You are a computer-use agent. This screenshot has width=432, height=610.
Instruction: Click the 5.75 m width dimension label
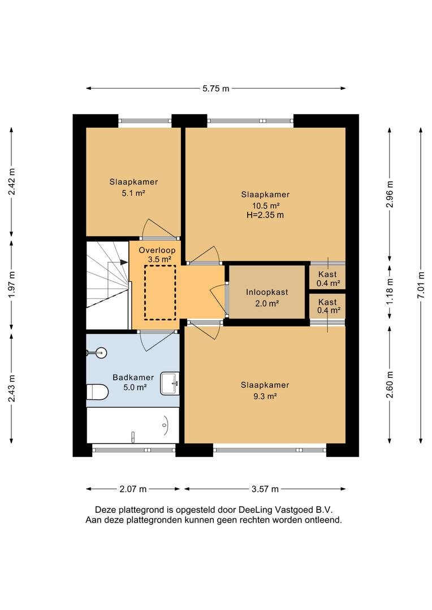(x=216, y=89)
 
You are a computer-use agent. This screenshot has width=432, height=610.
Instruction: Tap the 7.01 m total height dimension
(x=421, y=285)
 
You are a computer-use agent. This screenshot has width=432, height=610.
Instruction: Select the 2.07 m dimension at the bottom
(x=133, y=489)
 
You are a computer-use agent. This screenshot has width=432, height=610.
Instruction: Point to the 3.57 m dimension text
(x=265, y=489)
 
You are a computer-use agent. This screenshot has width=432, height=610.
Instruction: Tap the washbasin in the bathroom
(x=170, y=383)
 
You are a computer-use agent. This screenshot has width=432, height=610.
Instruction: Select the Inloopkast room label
(x=267, y=292)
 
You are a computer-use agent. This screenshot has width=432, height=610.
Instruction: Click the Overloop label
(x=157, y=251)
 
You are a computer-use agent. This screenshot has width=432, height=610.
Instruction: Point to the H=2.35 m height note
(x=265, y=215)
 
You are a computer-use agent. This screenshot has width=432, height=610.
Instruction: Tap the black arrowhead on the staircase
(x=124, y=262)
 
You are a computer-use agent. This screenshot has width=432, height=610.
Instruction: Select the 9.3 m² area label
(x=265, y=396)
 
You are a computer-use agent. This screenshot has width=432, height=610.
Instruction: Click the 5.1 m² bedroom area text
(x=133, y=193)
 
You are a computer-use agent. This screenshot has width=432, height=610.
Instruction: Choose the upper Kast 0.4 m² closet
(x=327, y=278)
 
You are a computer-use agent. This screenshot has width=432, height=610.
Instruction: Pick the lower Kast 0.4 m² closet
(x=327, y=306)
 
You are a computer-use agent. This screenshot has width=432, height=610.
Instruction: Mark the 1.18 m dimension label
(x=390, y=291)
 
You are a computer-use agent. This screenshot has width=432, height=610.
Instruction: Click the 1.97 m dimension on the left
(x=12, y=284)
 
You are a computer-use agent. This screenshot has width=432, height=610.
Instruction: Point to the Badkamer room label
(x=133, y=377)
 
